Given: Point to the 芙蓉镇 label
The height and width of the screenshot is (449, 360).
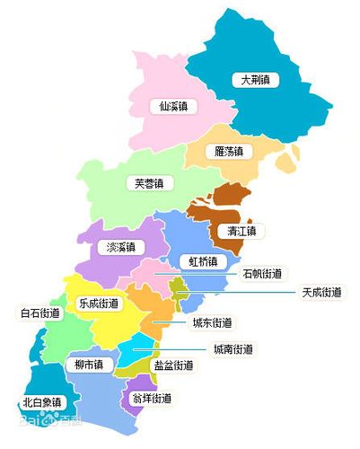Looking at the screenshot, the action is pyautogui.click(x=149, y=183).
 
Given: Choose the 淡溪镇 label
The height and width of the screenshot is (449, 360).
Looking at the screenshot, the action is pyautogui.click(x=120, y=247).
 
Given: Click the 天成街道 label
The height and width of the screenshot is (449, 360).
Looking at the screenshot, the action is pyautogui.click(x=320, y=292).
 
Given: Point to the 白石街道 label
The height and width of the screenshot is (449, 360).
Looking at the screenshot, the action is pyautogui.click(x=40, y=313).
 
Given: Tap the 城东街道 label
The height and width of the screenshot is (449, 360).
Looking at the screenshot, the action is pyautogui.click(x=213, y=322).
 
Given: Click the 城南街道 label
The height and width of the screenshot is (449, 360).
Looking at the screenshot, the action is pyautogui.click(x=233, y=348).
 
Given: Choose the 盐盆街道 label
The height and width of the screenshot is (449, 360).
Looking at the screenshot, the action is pyautogui.click(x=173, y=365).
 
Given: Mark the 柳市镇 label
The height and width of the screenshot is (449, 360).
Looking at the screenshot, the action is pyautogui.click(x=88, y=365).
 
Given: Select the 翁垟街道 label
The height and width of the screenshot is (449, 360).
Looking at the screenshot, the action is pyautogui.click(x=151, y=397).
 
